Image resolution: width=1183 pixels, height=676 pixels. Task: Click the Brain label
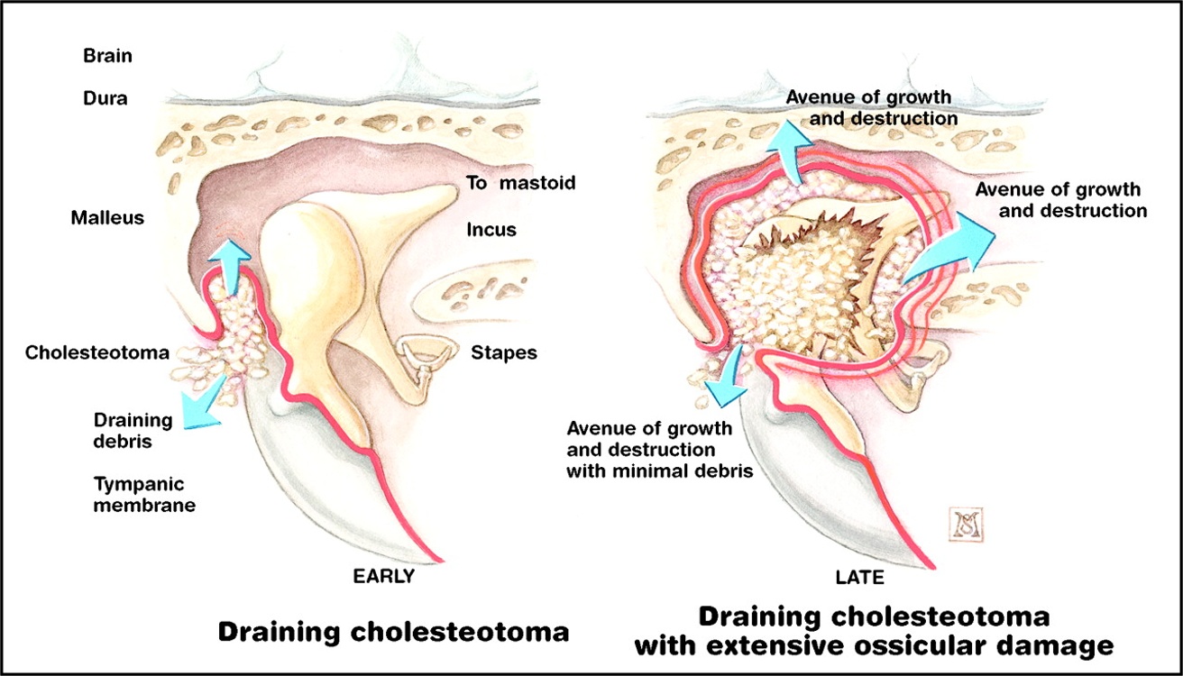point(107,56)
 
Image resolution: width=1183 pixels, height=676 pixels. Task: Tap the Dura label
point(105,99)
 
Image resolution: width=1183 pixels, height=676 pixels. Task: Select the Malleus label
point(107,217)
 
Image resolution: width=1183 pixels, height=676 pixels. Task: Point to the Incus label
point(491,229)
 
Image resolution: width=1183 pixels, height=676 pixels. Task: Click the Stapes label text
point(504,352)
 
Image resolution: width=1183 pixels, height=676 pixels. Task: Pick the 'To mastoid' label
point(520,184)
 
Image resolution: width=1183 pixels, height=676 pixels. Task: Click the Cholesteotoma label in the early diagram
point(97,352)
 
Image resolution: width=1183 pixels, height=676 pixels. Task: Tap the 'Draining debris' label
point(133,430)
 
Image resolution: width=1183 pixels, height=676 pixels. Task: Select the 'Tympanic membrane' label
point(144,493)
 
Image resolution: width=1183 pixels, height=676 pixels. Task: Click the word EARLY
point(383,577)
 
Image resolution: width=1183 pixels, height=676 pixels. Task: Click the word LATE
point(859,577)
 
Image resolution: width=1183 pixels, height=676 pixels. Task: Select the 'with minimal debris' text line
point(659,470)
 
